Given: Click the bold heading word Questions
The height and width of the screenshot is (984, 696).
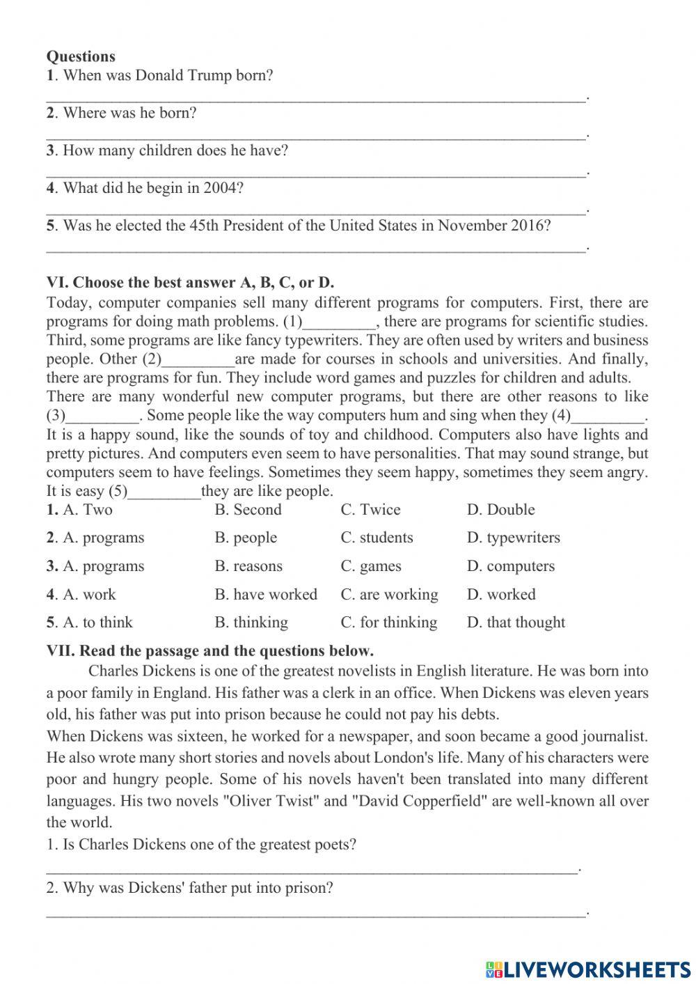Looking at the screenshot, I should [x=81, y=56].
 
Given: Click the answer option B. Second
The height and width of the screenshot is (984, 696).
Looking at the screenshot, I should [x=248, y=510].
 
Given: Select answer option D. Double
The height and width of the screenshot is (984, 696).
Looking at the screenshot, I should [x=500, y=510].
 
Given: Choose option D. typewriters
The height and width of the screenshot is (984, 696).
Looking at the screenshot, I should [x=513, y=538].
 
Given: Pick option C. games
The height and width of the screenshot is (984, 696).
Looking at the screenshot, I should [x=370, y=566].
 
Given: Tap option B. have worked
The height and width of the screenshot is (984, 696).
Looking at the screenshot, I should [x=265, y=595].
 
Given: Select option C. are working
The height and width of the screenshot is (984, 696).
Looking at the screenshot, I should [x=389, y=595].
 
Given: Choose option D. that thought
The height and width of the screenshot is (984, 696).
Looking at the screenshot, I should [x=516, y=623].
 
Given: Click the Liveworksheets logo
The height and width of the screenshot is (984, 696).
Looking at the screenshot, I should [x=587, y=969].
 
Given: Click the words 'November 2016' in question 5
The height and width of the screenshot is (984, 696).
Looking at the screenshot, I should [x=493, y=226].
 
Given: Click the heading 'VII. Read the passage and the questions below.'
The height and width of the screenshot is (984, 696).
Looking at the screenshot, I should [x=209, y=651].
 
